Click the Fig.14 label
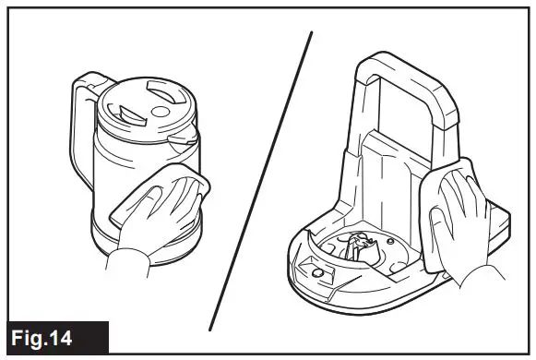click(x=54, y=337)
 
